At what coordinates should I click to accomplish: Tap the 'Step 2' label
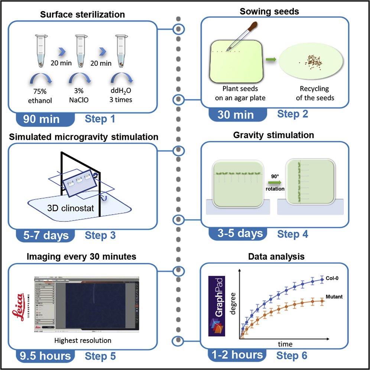point(293,114)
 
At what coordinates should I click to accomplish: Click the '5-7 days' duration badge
point(42,235)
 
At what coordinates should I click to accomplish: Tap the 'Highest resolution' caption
point(82,340)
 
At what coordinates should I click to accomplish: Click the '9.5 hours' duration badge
point(43,356)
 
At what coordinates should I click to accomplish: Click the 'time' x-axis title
point(285,344)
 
